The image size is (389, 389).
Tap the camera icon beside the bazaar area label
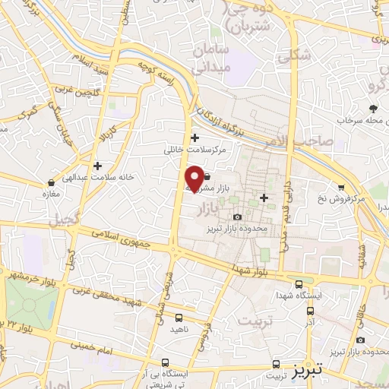point(238,217)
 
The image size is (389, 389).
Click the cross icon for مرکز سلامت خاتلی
point(195,138)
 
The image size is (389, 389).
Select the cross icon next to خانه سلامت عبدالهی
point(96,165)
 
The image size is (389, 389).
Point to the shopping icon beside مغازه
point(50,183)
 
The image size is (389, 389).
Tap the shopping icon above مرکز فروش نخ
point(341,187)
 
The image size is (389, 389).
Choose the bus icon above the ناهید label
point(179,318)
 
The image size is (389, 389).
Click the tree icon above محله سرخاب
point(373,108)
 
